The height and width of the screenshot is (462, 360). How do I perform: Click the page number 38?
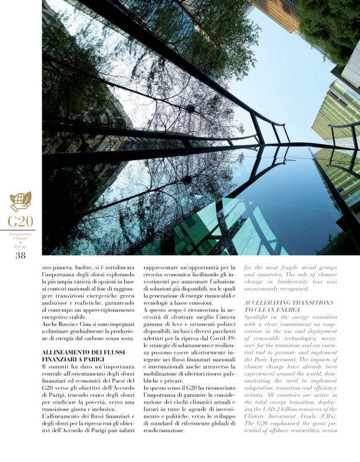(x=20, y=255)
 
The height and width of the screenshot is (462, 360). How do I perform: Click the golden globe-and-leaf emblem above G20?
(x=20, y=202)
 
